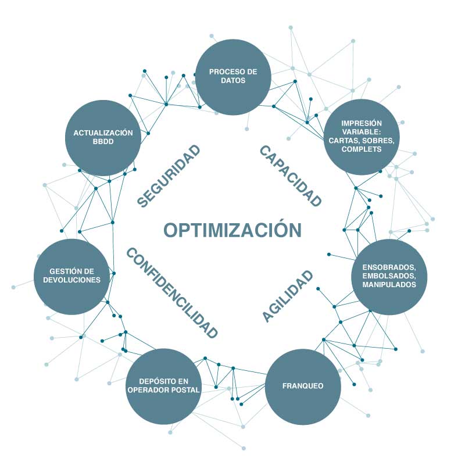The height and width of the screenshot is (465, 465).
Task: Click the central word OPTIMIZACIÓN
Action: pyautogui.click(x=232, y=230)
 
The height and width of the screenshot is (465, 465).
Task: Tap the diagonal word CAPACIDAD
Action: pyautogui.click(x=290, y=176)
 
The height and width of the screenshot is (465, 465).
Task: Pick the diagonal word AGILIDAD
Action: pyautogui.click(x=288, y=296)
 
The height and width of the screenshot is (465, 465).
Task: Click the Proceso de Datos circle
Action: pyautogui.click(x=233, y=77)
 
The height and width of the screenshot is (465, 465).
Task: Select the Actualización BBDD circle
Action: pyautogui.click(x=103, y=138)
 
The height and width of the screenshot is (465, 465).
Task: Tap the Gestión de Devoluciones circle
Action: pyautogui.click(x=72, y=277)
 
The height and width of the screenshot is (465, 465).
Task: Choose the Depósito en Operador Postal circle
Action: pyautogui.click(x=163, y=387)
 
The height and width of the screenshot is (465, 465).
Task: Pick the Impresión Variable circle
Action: pyautogui.click(x=362, y=137)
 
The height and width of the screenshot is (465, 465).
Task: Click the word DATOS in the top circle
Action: pyautogui.click(x=233, y=81)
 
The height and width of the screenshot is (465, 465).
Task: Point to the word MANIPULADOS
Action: pyautogui.click(x=389, y=285)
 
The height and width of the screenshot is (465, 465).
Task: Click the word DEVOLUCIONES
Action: pyautogui.click(x=72, y=280)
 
